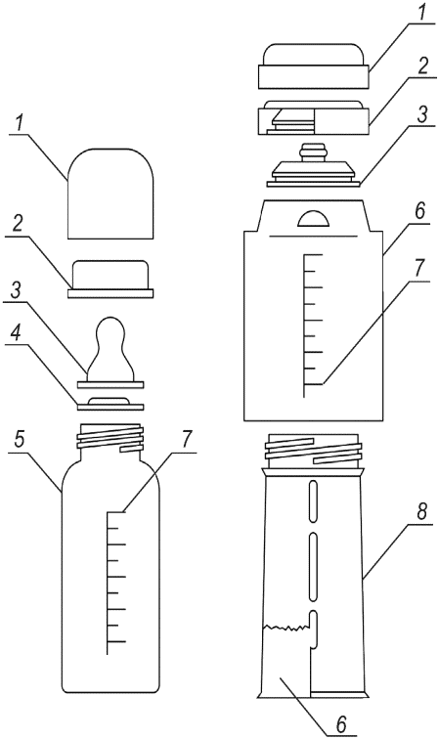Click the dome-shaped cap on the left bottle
click(110, 194)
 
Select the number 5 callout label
click(19, 439)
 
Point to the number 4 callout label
click(16, 333)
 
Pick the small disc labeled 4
click(110, 404)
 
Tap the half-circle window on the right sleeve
click(313, 219)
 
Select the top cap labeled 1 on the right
click(313, 66)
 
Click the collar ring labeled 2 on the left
click(110, 279)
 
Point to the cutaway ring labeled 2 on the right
click(313, 118)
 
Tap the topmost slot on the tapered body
click(313, 501)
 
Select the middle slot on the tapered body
click(313, 567)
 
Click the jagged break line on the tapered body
click(286, 628)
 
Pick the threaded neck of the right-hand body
click(315, 451)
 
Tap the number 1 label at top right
click(421, 11)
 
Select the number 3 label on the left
click(16, 291)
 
